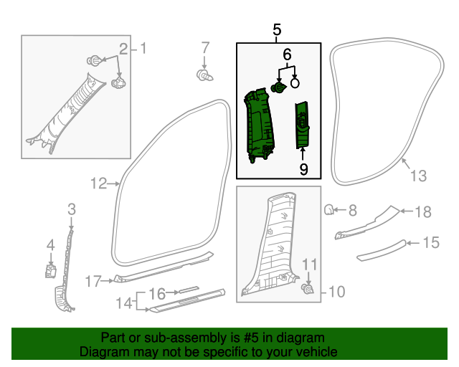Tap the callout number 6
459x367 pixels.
287,54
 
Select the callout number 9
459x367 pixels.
303,169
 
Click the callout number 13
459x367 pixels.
417,176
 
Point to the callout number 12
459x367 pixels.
98,184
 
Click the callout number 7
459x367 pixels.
205,49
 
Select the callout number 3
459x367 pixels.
71,209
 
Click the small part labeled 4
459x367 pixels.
51,270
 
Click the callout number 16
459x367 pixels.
157,293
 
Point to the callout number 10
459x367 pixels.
336,292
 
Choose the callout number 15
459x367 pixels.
430,243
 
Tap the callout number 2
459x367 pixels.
123,49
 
